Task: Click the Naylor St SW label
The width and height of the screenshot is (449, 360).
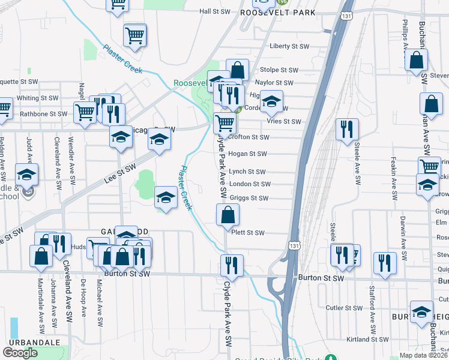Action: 274,83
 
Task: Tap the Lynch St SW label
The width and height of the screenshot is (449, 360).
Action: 247,172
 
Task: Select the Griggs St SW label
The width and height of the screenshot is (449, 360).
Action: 249,198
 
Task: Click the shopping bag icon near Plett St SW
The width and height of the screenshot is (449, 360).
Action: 228,214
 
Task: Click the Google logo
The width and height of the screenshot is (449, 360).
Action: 20,353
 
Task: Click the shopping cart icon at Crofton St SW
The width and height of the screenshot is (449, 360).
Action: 224,124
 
